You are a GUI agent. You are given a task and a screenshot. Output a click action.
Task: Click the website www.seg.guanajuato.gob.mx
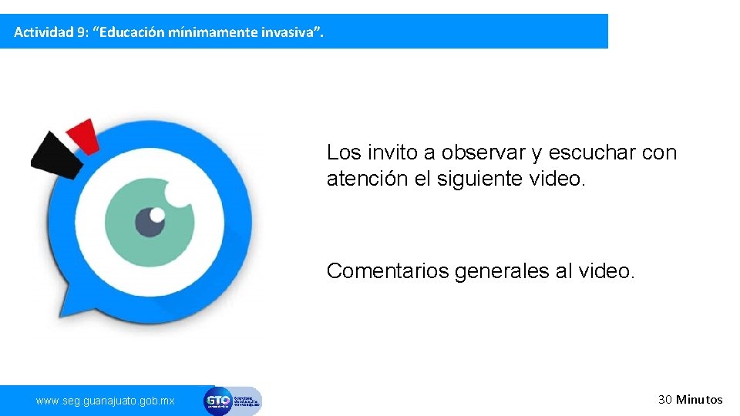coord(106,401)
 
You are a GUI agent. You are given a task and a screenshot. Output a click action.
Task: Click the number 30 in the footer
coord(665,399)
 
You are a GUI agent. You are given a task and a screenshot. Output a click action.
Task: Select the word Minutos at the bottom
coord(700,399)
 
